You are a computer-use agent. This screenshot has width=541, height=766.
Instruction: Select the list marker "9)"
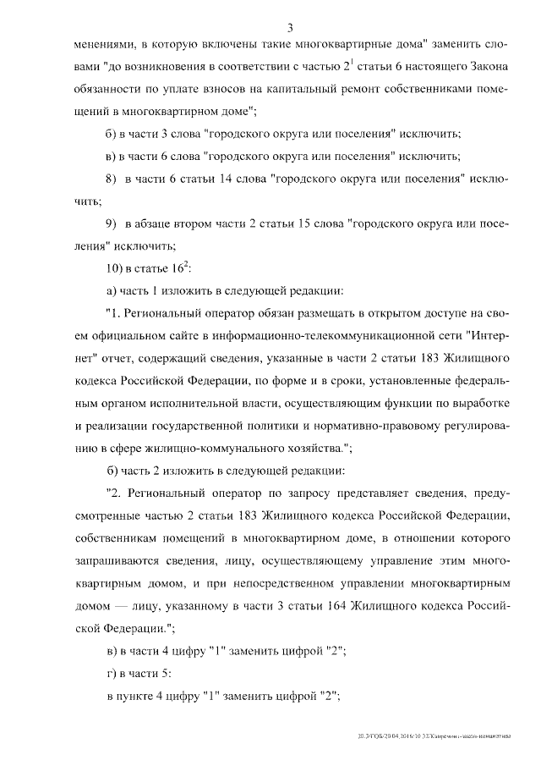coord(110,223)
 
